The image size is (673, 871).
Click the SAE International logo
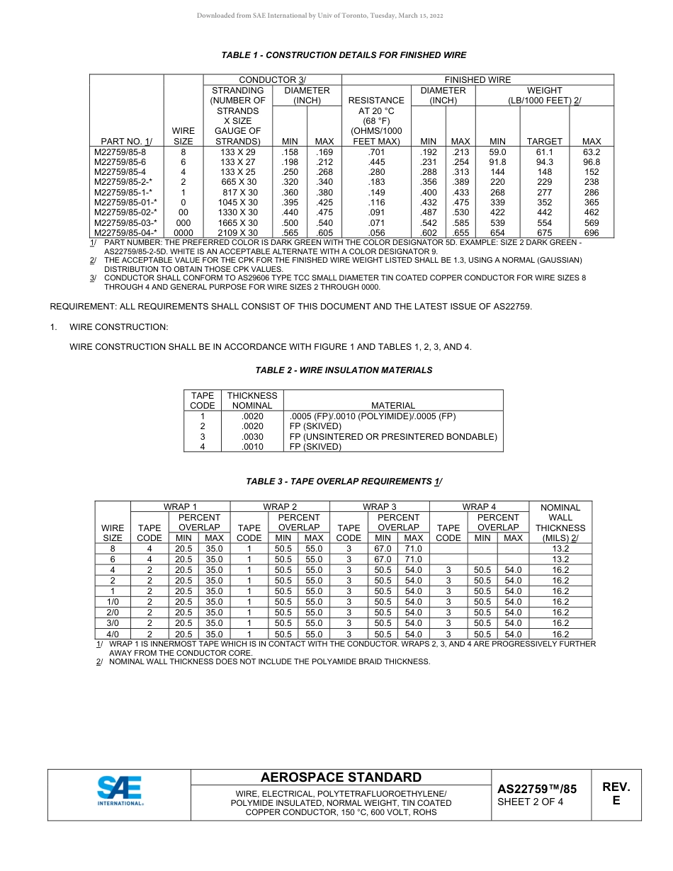[x=120, y=791]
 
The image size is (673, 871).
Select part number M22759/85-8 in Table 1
[x=120, y=152]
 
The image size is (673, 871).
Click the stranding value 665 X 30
[x=238, y=182]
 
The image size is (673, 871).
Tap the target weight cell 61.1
[x=544, y=152]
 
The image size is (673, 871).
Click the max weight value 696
[x=592, y=232]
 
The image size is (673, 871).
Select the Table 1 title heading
[x=344, y=55]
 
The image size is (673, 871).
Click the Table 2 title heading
[x=344, y=370]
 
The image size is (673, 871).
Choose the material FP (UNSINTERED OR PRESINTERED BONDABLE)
[x=393, y=437]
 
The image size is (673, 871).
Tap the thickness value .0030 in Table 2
[x=252, y=437]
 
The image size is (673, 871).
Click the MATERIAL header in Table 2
[x=393, y=406]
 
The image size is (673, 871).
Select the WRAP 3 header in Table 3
[x=380, y=507]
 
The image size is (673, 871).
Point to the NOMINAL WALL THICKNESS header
[x=560, y=523]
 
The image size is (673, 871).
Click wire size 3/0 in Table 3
[x=113, y=623]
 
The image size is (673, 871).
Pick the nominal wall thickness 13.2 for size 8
[x=560, y=549]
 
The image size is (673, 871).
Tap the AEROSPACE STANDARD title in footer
[x=341, y=778]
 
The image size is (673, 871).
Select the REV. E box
[x=616, y=794]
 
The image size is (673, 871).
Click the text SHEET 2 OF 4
[x=531, y=802]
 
